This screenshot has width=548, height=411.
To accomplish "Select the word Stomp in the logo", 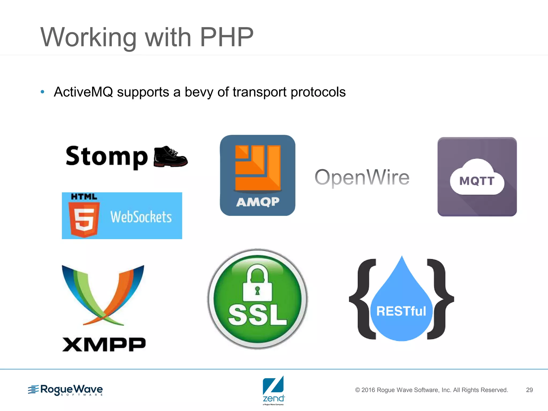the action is [x=106, y=157].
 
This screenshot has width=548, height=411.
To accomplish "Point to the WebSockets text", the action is [x=141, y=217].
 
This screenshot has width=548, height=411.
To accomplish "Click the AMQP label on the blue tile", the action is [x=258, y=202].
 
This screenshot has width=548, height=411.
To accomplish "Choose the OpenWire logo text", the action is [x=362, y=177].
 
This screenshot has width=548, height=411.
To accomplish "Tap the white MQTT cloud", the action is [x=477, y=178].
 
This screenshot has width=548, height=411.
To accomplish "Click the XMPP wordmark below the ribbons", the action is [x=104, y=344].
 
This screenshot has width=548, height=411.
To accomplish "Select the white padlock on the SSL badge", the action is [x=257, y=284].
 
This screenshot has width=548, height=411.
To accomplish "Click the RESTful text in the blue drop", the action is [x=401, y=311].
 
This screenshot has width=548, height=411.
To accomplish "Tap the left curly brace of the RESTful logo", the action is [x=363, y=299].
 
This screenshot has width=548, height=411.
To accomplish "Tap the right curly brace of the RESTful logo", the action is [x=440, y=299].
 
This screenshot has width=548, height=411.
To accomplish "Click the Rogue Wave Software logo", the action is [x=66, y=390].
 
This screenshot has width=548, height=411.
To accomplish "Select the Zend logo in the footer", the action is [x=273, y=390].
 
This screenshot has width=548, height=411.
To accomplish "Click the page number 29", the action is [x=529, y=390].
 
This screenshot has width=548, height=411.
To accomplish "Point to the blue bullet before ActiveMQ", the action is [x=42, y=92].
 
